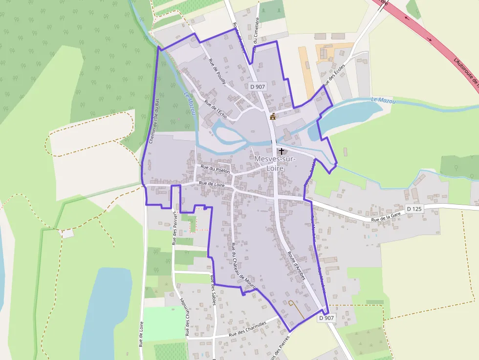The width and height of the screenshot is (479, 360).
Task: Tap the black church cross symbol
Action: (282, 151)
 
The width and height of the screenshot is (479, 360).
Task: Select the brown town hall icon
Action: (273, 116)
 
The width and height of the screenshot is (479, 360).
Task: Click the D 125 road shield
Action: (414, 209)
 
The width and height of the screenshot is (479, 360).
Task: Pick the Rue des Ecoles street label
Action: (334, 75)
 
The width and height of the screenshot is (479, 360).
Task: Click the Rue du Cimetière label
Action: (255, 36)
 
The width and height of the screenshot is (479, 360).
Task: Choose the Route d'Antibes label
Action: (296, 266)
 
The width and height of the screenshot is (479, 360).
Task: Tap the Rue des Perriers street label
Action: (174, 227)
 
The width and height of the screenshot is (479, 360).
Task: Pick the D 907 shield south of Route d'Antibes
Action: (326, 318)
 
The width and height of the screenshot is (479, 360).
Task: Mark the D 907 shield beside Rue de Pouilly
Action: (257, 86)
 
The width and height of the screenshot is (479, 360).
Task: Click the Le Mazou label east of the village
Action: (383, 101)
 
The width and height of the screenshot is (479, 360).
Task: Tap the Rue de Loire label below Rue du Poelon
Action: (212, 185)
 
